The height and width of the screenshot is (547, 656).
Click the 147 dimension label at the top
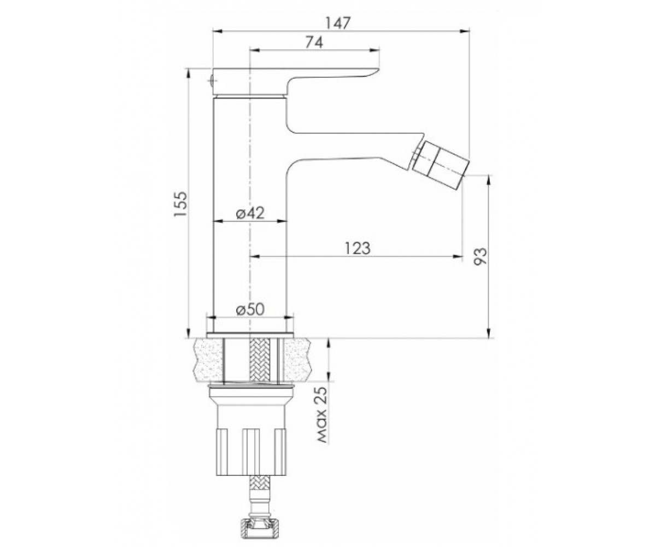[x=338, y=23]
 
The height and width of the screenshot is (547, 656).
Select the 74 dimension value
[x=315, y=42]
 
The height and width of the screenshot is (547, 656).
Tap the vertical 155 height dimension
[x=180, y=204]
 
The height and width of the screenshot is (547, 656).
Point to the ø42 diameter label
[x=250, y=213]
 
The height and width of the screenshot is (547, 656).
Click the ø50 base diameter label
[x=250, y=310]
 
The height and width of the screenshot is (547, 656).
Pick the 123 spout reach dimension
[x=358, y=248]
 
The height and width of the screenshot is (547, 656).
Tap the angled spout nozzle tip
[x=441, y=165]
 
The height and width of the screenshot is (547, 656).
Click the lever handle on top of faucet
[x=295, y=81]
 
